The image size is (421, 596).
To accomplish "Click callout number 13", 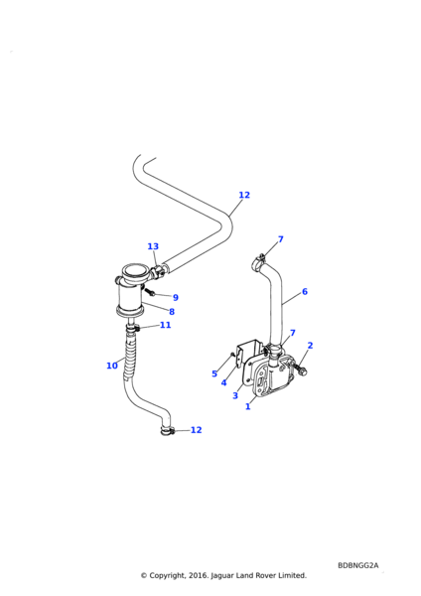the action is (x=153, y=246).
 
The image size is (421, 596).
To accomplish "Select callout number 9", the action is (x=176, y=298).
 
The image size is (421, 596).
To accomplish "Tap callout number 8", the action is (x=172, y=312).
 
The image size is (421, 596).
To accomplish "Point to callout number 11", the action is (x=165, y=325).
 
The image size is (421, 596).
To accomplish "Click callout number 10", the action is (x=112, y=366).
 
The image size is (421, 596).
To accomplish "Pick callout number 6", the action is (x=305, y=291).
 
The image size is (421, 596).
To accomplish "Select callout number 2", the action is (x=310, y=345).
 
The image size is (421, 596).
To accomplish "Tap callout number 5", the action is (x=214, y=373).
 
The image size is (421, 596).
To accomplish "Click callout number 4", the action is (x=223, y=382).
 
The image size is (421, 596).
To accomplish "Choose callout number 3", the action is (x=235, y=395).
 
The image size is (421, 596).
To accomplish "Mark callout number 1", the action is (x=248, y=406).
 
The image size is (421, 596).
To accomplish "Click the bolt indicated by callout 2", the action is (x=299, y=368).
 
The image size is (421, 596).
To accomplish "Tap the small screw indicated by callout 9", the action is (x=149, y=292).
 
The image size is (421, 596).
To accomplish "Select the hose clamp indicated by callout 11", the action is (x=133, y=327).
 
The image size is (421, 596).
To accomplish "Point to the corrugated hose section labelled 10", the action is (x=130, y=353).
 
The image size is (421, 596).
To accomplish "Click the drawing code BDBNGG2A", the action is (x=357, y=565).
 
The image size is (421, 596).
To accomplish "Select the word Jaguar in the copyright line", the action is (x=222, y=575).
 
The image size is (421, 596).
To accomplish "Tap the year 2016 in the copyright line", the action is (x=199, y=575).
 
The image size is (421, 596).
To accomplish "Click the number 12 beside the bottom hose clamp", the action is (x=196, y=430).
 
